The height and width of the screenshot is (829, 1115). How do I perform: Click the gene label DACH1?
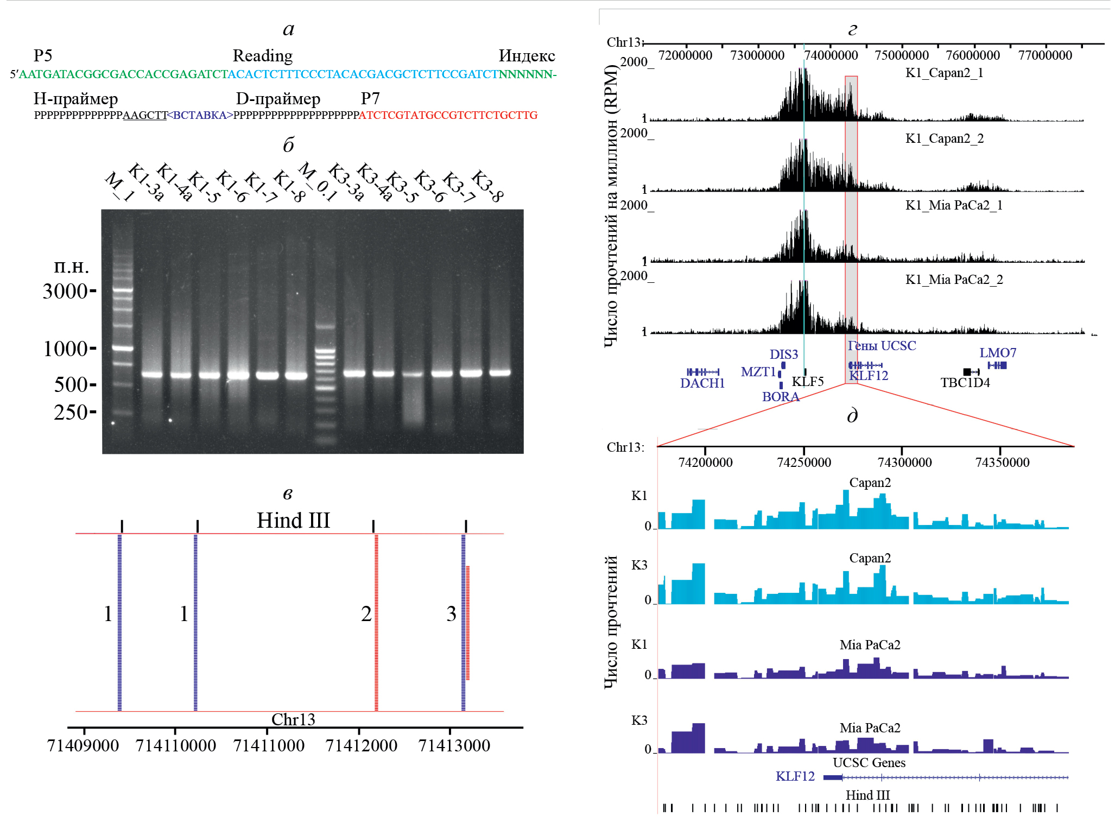click(x=702, y=383)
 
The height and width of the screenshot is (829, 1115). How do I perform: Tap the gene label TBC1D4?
click(x=965, y=383)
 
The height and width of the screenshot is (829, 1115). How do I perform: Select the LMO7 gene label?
click(x=997, y=353)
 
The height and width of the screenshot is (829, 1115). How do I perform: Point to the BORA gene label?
click(x=780, y=397)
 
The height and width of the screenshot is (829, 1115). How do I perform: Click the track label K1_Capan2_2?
click(x=944, y=138)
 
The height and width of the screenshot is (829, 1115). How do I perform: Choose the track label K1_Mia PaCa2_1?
click(x=953, y=205)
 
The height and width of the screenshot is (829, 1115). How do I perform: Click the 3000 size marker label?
click(x=65, y=292)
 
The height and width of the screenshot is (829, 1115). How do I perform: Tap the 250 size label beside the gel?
click(x=71, y=413)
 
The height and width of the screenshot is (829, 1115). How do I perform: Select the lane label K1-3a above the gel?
click(x=145, y=182)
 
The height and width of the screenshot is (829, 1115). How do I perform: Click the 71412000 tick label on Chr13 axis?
click(x=361, y=746)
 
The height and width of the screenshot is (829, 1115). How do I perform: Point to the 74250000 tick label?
click(x=803, y=463)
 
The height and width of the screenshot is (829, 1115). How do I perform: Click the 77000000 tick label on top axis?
click(x=1045, y=55)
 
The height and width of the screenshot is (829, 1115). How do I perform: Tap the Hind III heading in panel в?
click(x=293, y=521)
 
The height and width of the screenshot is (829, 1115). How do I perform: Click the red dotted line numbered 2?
click(x=376, y=622)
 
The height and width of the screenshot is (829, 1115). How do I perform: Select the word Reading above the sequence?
click(x=262, y=56)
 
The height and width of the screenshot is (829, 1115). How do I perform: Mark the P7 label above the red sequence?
click(x=370, y=98)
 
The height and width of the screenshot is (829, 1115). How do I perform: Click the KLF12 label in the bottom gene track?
click(x=795, y=776)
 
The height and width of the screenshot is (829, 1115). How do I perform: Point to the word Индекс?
click(x=527, y=56)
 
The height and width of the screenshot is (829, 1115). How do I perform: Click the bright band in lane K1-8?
click(x=296, y=375)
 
